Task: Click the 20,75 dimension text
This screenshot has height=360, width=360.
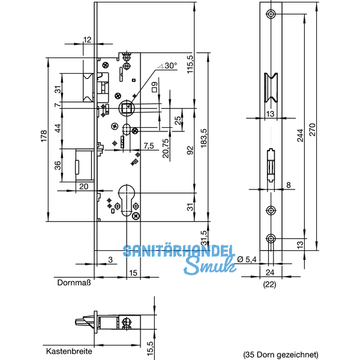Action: tap(166, 146)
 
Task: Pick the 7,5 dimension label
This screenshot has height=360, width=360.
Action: tap(149, 146)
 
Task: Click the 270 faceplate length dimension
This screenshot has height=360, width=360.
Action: tap(313, 130)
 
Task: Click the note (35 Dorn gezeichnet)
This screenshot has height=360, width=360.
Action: tap(280, 355)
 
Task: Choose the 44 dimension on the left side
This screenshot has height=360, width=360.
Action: tap(59, 128)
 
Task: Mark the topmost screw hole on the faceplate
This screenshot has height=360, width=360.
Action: tap(271, 14)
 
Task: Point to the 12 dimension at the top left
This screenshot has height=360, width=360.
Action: tap(88, 40)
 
